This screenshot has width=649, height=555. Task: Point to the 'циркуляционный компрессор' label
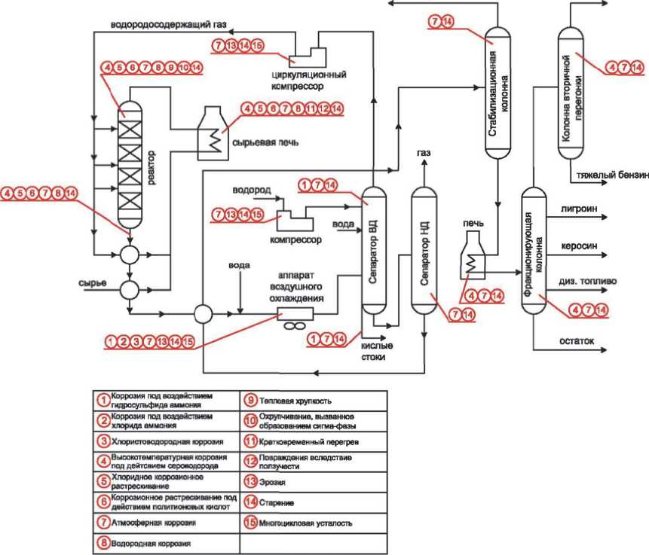tap(310, 81)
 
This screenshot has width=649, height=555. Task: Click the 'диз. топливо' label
tap(587, 281)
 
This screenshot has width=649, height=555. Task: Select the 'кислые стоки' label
tap(378, 352)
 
